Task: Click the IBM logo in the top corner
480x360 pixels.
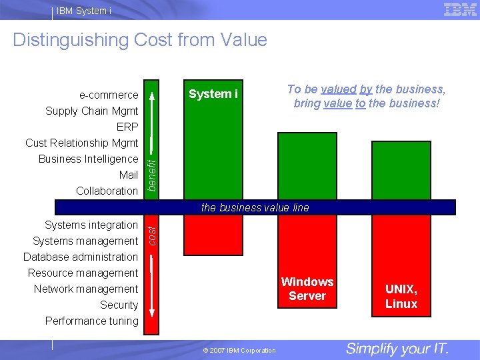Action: coord(460,9)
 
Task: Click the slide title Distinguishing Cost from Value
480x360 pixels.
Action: coord(140,40)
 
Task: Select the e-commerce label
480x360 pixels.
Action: coord(109,95)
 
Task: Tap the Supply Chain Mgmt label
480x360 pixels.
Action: coord(92,111)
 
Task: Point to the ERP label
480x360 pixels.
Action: coord(127,127)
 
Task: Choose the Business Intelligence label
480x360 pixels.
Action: coord(88,159)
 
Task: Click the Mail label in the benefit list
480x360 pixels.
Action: coord(128,175)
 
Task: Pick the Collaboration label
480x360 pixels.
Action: coord(107,191)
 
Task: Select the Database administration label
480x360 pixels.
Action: coord(81,257)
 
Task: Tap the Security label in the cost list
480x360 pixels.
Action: coord(119,305)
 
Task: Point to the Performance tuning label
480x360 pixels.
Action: coord(92,321)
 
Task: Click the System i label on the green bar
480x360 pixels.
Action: coord(213,94)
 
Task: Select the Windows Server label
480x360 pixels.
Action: coord(307,289)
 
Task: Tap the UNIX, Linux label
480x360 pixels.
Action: coord(401,297)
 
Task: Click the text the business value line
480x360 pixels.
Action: coord(255,207)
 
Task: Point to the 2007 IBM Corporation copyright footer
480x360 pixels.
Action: coord(239,350)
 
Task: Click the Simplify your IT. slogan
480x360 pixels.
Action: coord(397,349)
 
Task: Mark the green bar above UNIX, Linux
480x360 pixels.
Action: coord(401,170)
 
